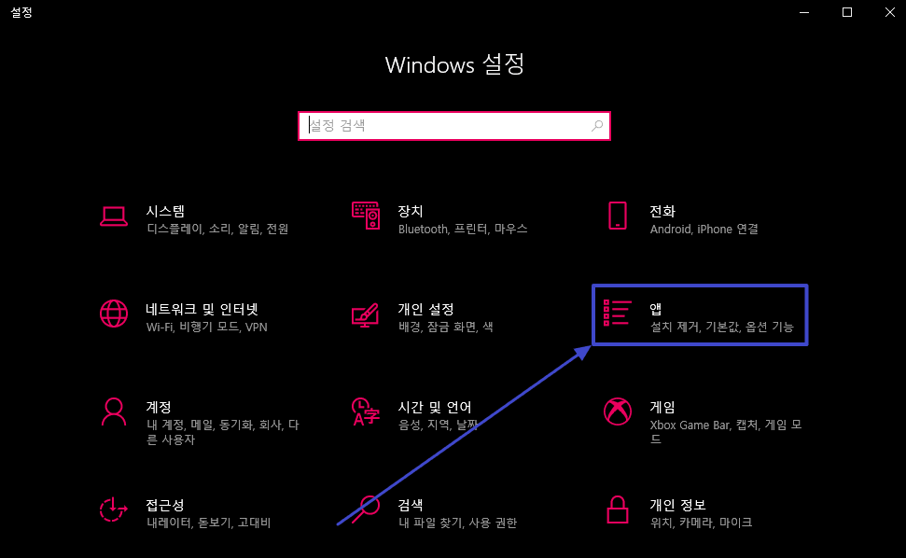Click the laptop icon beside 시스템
coord(113,216)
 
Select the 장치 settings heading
coord(411,211)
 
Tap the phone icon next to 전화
coord(617,216)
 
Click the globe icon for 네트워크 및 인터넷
coord(113,313)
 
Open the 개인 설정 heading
coord(425,309)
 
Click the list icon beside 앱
coord(618,314)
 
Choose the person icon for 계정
coord(113,411)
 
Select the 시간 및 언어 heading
coord(434,407)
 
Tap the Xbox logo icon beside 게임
coord(617,411)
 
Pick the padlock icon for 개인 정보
coord(617,509)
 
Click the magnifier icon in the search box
coord(597,125)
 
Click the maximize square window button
coord(847,12)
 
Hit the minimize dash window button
coord(804,12)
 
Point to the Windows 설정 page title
coord(454,64)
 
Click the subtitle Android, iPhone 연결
coord(704,229)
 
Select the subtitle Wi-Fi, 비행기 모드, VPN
coord(193,328)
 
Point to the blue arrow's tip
coord(591,347)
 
